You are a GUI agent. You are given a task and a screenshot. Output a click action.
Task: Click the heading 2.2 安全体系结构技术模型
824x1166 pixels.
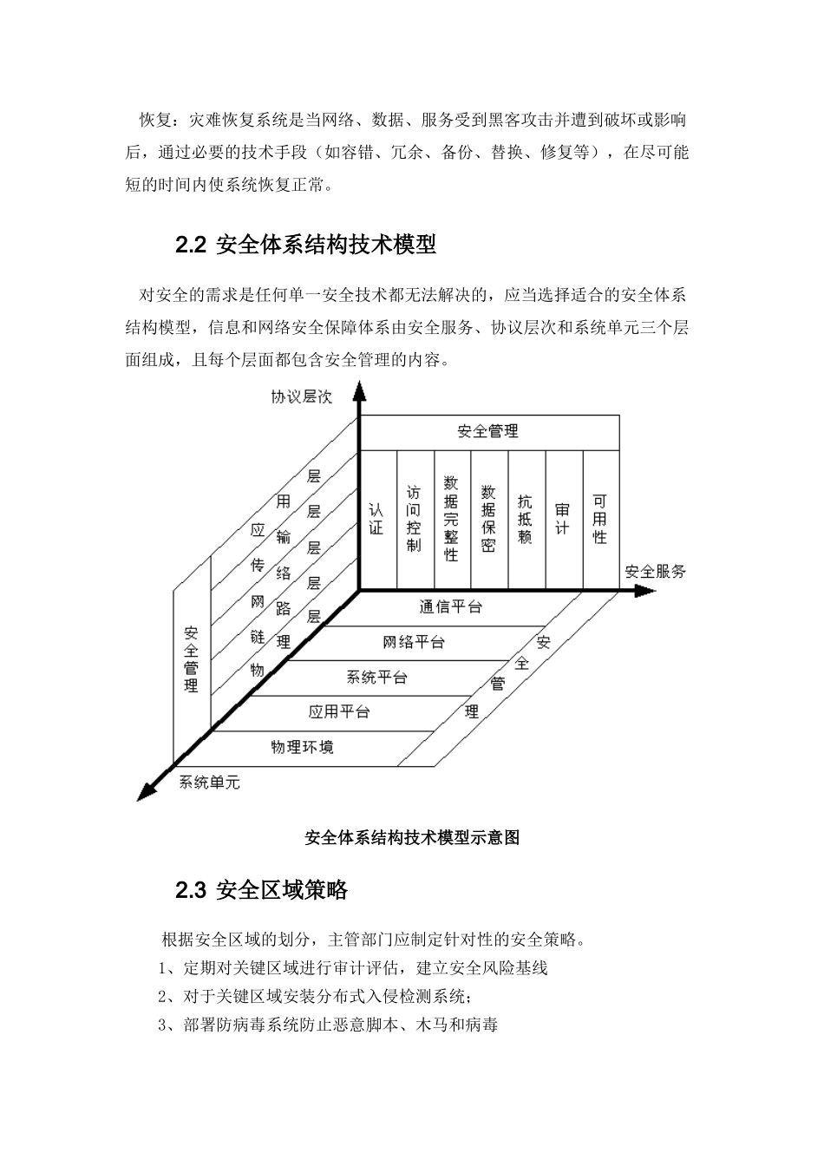click(305, 246)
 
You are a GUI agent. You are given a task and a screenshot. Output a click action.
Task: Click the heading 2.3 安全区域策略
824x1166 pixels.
click(261, 890)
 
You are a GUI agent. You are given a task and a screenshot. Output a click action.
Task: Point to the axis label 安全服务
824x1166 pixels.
click(655, 571)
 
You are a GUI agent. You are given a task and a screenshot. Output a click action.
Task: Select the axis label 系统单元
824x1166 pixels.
click(209, 782)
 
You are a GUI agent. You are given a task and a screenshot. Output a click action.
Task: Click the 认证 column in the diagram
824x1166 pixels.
click(376, 519)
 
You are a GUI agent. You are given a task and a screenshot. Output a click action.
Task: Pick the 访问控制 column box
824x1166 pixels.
click(414, 519)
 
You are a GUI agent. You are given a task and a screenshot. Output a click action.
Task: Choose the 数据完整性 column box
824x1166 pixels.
click(451, 519)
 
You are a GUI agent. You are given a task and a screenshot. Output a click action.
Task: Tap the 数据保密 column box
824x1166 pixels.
click(488, 519)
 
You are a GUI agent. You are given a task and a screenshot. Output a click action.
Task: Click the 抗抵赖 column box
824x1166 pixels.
click(526, 519)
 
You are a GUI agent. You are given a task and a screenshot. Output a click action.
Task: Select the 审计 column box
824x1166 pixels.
click(563, 519)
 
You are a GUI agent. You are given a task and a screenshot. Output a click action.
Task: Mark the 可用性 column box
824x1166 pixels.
click(600, 519)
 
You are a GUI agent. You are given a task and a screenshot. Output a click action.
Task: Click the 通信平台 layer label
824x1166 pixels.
click(450, 607)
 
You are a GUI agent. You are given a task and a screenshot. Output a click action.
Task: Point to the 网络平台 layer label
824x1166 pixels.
click(414, 642)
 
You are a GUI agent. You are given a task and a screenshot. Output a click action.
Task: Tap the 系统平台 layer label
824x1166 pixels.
click(376, 677)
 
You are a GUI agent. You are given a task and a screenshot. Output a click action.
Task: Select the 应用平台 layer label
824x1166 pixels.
click(339, 711)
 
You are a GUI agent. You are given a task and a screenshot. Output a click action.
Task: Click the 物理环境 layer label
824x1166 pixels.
click(302, 746)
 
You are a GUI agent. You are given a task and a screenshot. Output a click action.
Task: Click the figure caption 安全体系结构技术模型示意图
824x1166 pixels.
click(412, 838)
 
